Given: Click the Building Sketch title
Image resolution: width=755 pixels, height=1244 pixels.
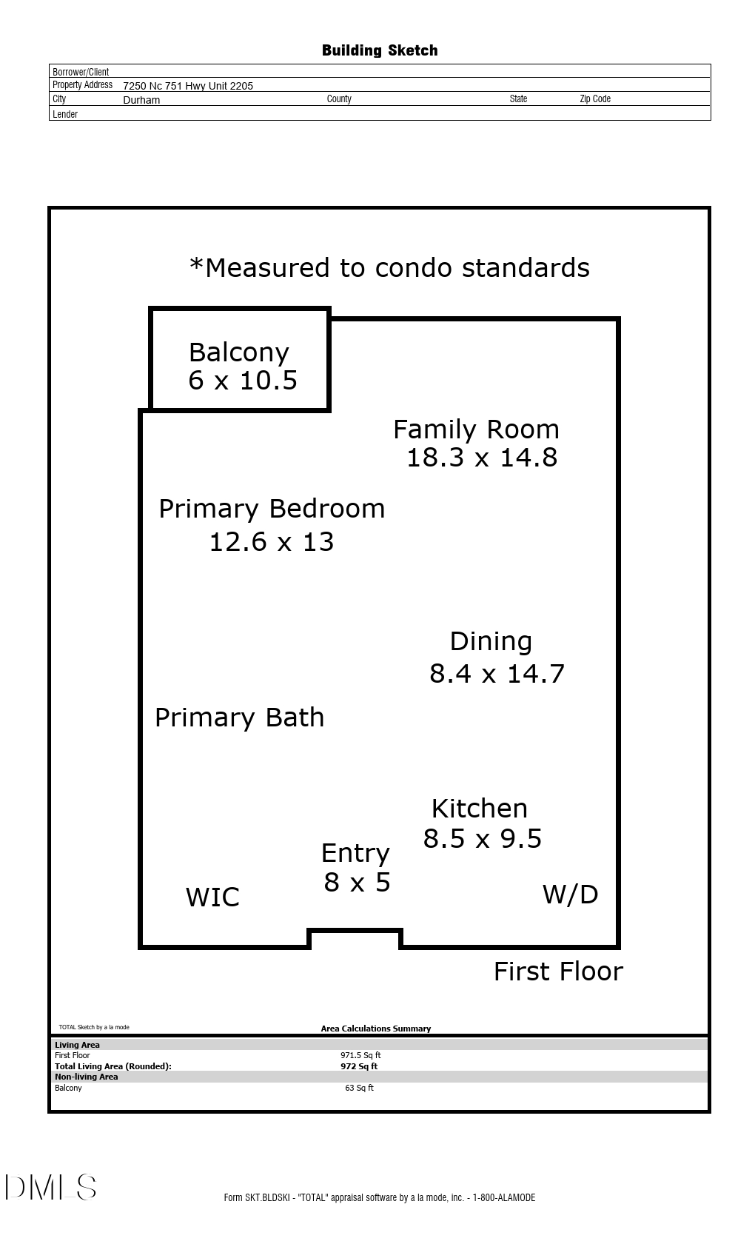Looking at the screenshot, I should (379, 50).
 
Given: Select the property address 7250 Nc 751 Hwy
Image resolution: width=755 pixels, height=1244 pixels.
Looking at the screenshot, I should (188, 86).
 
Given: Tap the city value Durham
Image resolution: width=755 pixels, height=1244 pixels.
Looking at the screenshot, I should (141, 100).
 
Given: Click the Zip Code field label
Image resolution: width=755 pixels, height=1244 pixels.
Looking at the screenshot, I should (594, 98).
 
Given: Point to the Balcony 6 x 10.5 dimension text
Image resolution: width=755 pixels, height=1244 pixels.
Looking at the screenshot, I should (243, 381).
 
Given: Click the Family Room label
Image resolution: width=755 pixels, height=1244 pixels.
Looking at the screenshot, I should (476, 429).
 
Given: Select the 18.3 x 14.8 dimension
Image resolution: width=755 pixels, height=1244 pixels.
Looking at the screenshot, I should (482, 458).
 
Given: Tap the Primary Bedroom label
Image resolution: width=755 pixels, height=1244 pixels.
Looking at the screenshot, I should (272, 509).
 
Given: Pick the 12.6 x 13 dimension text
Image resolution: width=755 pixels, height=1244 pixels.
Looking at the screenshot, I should (272, 542).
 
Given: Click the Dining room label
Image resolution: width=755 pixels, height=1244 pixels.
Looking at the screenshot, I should (491, 641).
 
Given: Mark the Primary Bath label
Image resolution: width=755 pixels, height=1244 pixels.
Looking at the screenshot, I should (239, 718).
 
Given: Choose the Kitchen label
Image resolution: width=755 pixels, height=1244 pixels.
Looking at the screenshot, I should (479, 808).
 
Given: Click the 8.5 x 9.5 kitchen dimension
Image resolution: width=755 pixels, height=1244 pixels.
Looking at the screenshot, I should (483, 839).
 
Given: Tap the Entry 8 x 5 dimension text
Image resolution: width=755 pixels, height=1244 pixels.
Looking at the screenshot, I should (357, 883).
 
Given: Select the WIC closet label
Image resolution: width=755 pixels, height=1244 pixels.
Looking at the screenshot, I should (212, 897).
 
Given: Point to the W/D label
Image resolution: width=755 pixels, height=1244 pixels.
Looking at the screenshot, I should (570, 894).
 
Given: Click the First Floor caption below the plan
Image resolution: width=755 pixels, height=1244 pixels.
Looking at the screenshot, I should (558, 972).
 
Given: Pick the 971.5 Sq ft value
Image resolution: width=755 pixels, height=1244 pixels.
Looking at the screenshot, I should (360, 1055).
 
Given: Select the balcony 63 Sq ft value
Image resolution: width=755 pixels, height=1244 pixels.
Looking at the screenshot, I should (359, 1088).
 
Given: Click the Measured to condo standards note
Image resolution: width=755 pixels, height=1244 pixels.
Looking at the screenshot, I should (389, 267).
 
